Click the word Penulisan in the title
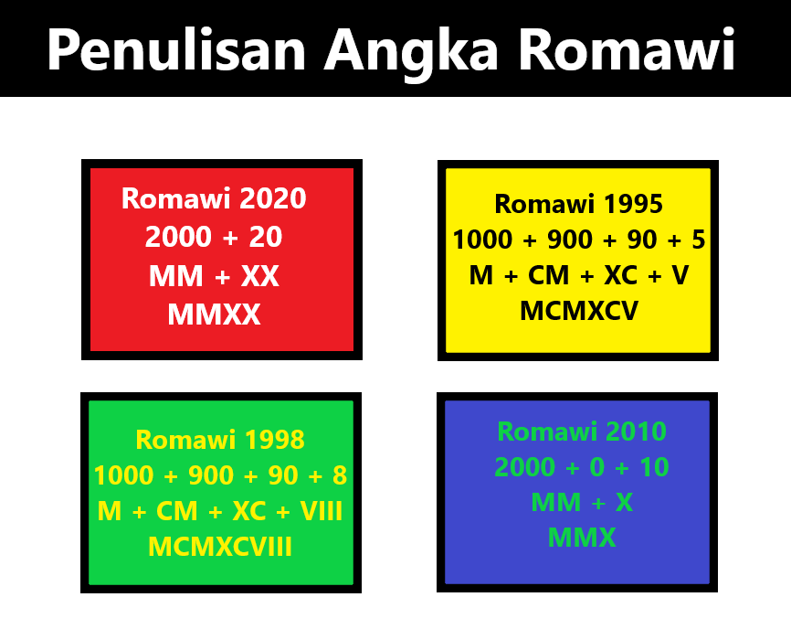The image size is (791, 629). click(177, 50)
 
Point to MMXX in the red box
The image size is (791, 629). click(214, 315)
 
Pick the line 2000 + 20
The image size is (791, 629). click(214, 238)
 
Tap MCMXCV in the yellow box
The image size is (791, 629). click(578, 312)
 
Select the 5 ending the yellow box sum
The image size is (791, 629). click(699, 240)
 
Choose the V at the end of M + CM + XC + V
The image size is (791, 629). click(680, 275)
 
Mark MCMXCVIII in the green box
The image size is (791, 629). click(220, 548)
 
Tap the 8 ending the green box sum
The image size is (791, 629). click(340, 476)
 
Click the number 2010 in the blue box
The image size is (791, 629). click(634, 432)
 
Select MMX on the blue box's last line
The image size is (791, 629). click(582, 538)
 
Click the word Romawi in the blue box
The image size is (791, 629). click(546, 432)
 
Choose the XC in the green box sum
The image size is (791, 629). click(248, 511)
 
